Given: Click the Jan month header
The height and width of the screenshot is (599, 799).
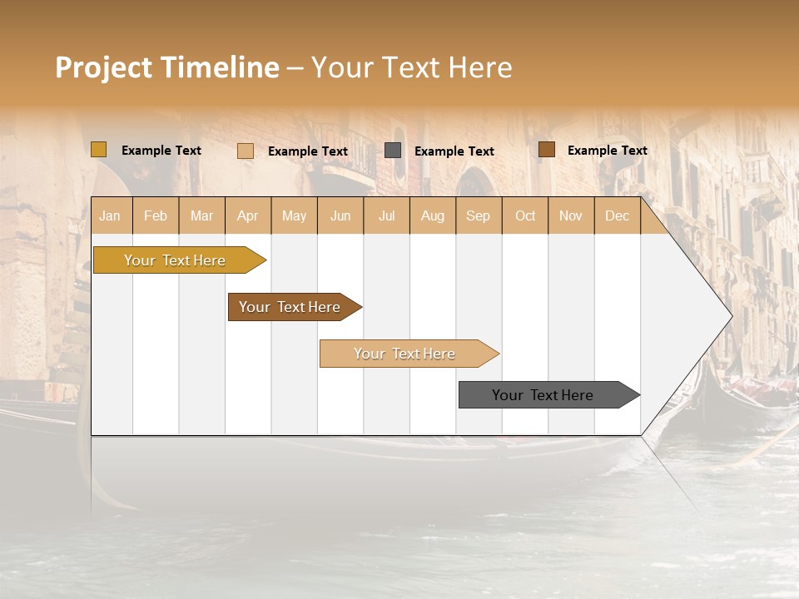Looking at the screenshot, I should click(x=110, y=215).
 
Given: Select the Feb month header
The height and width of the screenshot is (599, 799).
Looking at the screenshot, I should click(x=156, y=215).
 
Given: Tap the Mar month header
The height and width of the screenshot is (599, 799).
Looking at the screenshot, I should click(x=201, y=215).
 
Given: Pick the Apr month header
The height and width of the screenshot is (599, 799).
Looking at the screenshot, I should click(x=247, y=215).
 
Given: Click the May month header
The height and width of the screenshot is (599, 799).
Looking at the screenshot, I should click(x=294, y=215).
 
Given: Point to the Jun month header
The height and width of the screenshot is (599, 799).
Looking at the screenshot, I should click(x=340, y=215).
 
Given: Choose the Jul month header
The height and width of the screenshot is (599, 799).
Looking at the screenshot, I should click(x=386, y=215).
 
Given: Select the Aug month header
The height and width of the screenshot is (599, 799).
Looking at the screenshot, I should click(x=432, y=215).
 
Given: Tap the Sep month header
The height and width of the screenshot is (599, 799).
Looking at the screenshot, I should click(x=478, y=215).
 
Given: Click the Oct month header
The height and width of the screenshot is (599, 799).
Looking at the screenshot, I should click(x=525, y=215).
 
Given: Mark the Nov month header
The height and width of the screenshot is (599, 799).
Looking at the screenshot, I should click(x=571, y=215).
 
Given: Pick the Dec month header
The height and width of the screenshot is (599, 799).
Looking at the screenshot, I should click(x=617, y=215).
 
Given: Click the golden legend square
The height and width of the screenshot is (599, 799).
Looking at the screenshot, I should click(x=99, y=150).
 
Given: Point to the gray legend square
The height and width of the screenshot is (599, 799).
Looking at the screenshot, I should click(x=393, y=151).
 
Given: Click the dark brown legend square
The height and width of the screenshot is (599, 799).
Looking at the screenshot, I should click(x=547, y=150).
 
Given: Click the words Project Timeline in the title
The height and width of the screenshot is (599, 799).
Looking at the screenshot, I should click(x=167, y=67).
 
